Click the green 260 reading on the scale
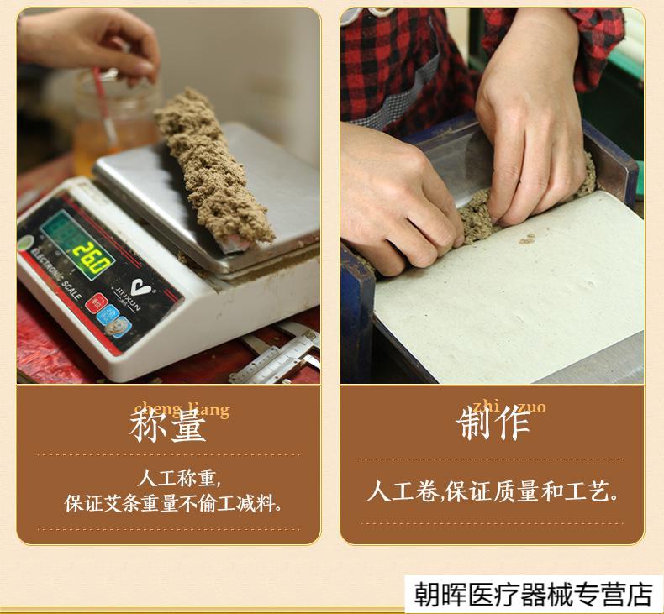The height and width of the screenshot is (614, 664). pos(90,255)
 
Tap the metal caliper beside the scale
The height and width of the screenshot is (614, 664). pos(277,357)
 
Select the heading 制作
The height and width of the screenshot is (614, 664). pos(493,425)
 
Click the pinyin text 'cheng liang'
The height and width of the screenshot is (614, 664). pos(182,409)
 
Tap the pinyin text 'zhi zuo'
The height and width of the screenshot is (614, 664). pos(509,407)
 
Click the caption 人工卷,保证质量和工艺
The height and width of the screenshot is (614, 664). pos(493,491)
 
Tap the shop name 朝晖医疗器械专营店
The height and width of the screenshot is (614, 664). pos(533,594)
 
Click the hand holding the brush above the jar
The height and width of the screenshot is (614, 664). pos(92,42)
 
